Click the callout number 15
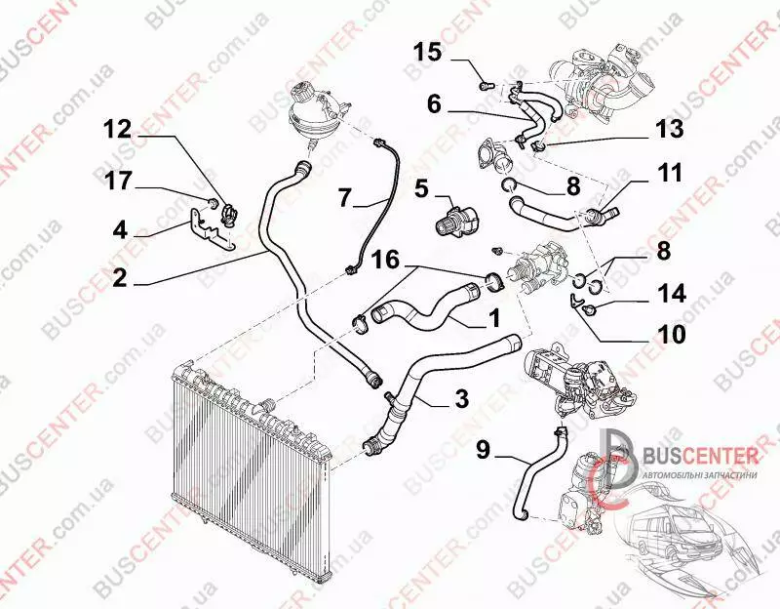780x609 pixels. point(428,52)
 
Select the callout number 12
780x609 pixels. point(117,130)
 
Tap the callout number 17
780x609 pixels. point(118,181)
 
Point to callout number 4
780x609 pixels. point(120,230)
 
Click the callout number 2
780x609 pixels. point(120,278)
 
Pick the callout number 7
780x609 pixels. point(345,197)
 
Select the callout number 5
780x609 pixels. point(421,188)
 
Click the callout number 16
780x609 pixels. point(385,260)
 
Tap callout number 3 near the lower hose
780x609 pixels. point(462,398)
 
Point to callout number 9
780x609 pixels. point(483,450)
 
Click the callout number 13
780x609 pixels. point(670,128)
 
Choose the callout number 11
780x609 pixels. point(670,173)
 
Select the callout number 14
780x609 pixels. point(672,293)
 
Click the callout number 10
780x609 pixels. point(671,334)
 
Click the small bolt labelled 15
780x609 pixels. point(486,86)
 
